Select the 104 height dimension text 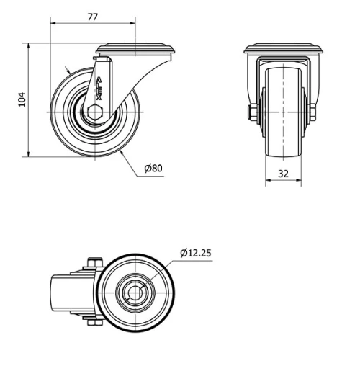click(21, 99)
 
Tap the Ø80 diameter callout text click(153, 169)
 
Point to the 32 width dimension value click(283, 173)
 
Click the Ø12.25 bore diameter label click(196, 253)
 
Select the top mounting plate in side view click(137, 49)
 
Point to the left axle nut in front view click(251, 112)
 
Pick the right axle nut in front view click(312, 112)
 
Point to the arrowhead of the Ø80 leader click(123, 153)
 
